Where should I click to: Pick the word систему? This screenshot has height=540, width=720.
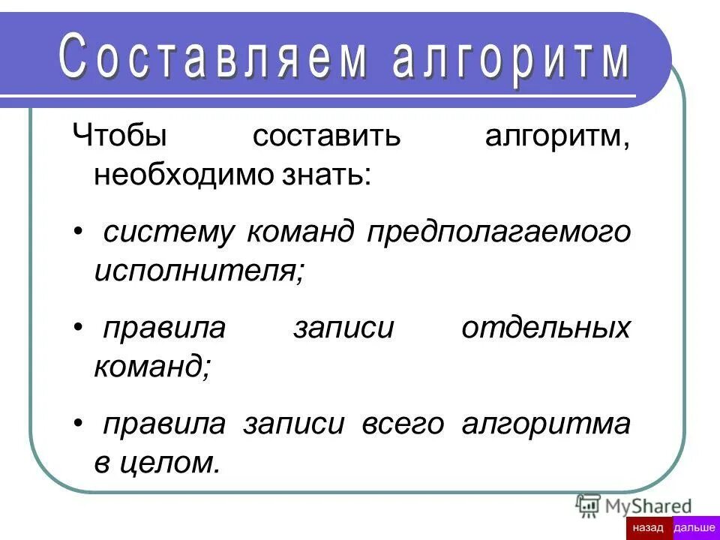coord(169,232)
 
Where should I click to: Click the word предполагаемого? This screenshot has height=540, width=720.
coord(499,232)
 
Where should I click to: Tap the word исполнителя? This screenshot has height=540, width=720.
coord(199,270)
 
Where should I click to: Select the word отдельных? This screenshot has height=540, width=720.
coord(545,328)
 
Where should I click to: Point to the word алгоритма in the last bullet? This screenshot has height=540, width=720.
coord(546,424)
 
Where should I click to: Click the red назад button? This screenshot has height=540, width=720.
coord(649,528)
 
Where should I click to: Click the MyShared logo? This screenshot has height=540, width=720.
coord(634,505)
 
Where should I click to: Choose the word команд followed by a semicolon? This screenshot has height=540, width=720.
coord(153,366)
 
